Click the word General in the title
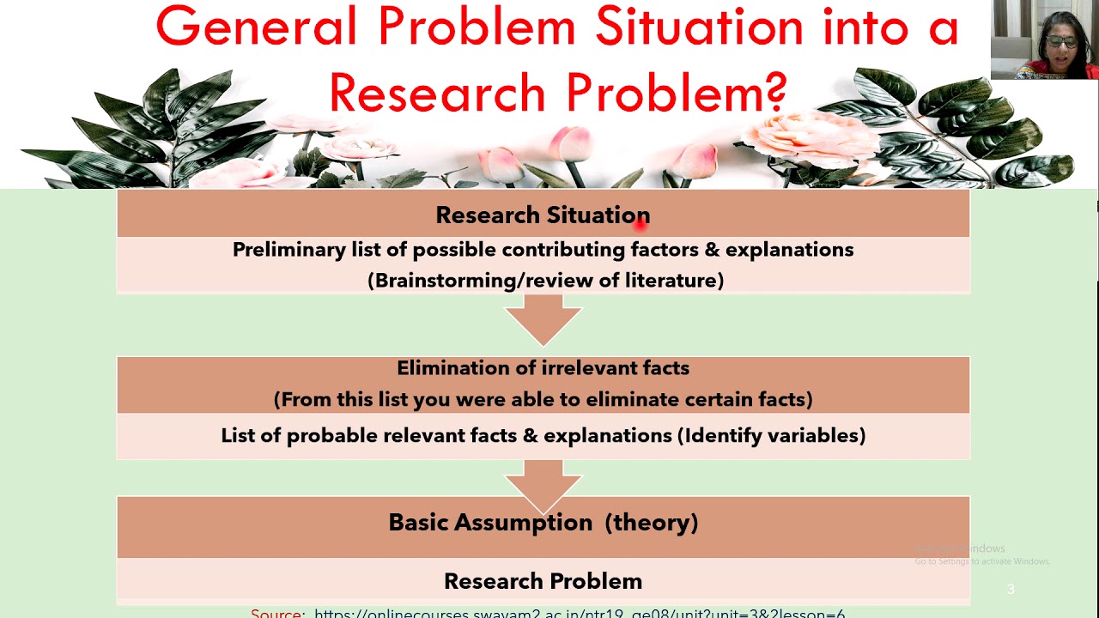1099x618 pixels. coord(256,27)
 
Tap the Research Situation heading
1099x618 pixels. coord(543,215)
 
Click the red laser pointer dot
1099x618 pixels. coord(641,224)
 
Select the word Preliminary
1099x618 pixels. coord(288,250)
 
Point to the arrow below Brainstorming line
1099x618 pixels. coord(543,319)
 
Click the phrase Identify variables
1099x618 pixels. coord(772,436)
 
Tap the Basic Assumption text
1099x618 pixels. coord(490,523)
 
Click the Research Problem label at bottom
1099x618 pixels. coord(543,581)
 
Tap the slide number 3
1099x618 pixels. coord(1011,589)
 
